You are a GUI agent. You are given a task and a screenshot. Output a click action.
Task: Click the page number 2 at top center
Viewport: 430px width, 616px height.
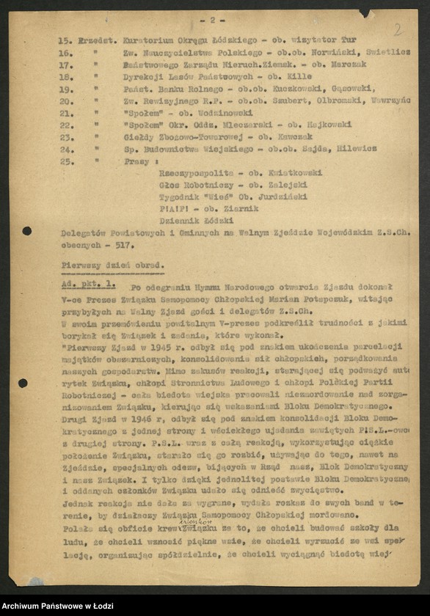pyautogui.click(x=212, y=20)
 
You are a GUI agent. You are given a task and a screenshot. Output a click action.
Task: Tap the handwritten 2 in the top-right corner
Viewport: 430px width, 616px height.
pyautogui.click(x=398, y=29)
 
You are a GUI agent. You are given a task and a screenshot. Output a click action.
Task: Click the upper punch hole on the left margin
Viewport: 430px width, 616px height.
pyautogui.click(x=26, y=231)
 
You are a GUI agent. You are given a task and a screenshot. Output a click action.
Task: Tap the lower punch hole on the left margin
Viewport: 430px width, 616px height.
pyautogui.click(x=23, y=383)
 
